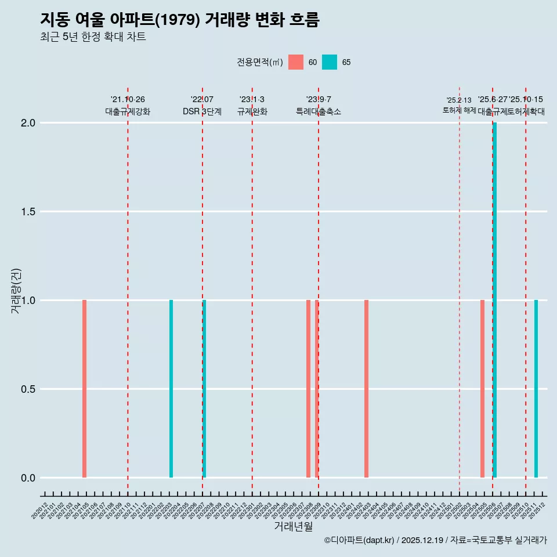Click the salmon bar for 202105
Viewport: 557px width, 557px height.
point(84,389)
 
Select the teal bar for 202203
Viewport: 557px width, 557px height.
point(171,389)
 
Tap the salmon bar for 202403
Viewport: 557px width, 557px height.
point(366,389)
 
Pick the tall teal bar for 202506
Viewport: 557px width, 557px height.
point(495,300)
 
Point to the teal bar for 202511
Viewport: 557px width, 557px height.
point(536,389)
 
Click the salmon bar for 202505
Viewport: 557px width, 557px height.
point(482,389)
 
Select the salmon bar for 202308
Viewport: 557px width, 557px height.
point(308,389)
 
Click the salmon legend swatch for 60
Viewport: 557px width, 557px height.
point(296,62)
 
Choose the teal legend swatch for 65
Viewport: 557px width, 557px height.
point(330,62)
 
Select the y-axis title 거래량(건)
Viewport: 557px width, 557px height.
point(16,290)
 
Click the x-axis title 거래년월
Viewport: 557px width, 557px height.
point(293,527)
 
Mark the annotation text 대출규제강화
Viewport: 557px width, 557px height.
point(128,111)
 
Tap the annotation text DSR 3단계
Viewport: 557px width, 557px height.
point(202,111)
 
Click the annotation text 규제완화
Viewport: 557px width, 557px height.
point(252,111)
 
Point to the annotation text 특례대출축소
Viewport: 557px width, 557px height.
point(319,111)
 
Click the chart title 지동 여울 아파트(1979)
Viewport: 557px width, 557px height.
point(180,20)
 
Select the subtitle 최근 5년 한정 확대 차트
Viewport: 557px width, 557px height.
point(93,37)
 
